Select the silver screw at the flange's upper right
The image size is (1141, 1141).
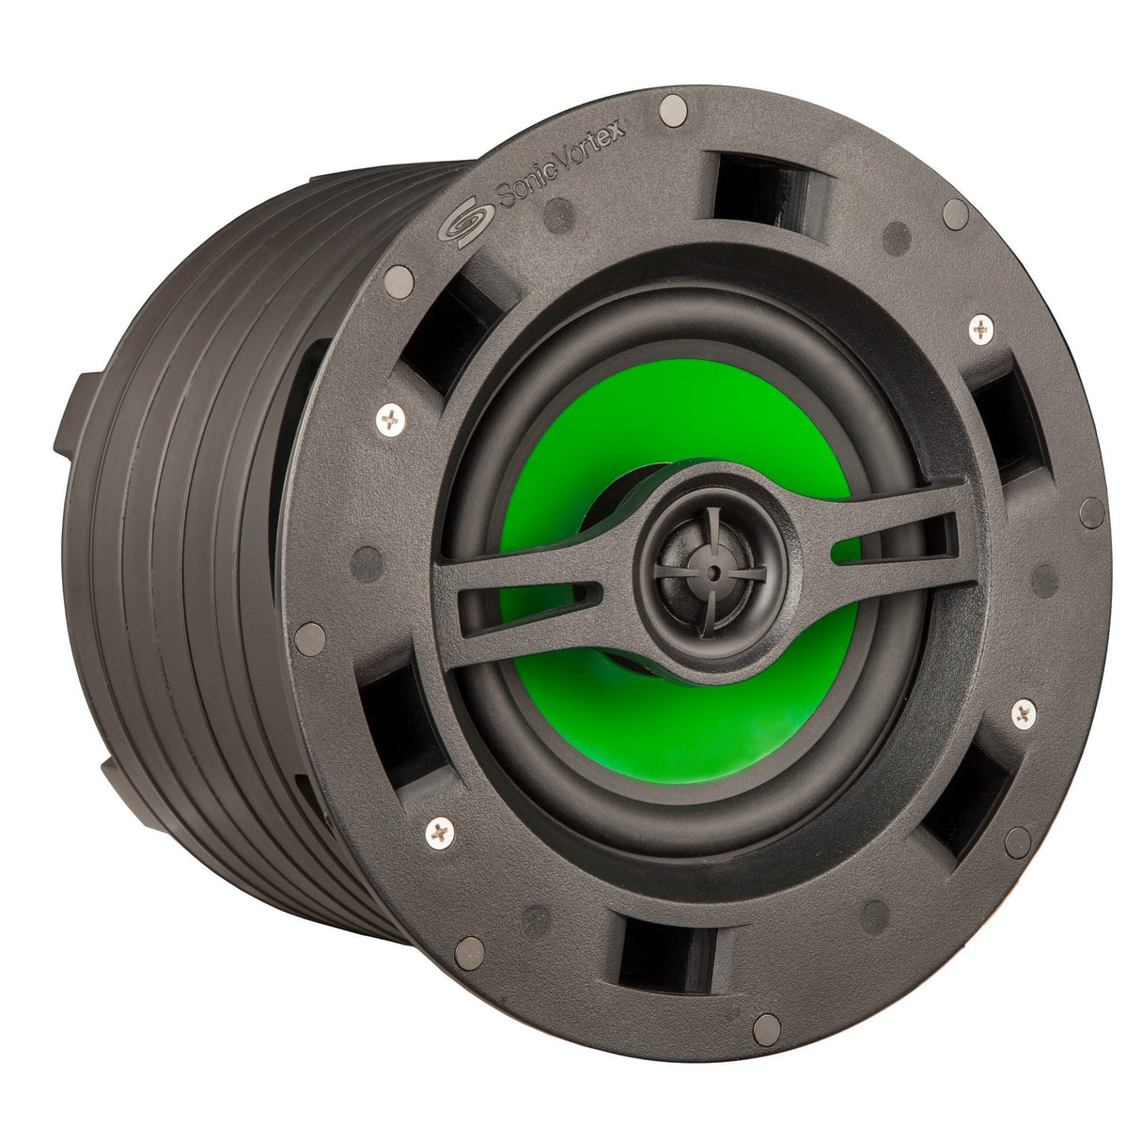[x=980, y=328]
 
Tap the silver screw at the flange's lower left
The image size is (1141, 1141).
[x=439, y=830]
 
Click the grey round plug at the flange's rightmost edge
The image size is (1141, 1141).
[x=1092, y=512]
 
